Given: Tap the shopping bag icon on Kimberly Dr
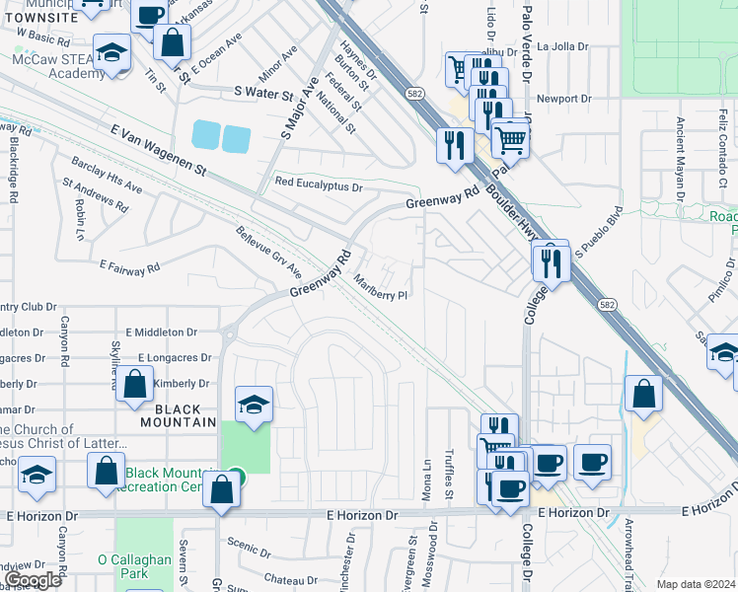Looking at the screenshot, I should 136,384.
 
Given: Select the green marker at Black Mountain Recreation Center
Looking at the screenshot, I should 234,475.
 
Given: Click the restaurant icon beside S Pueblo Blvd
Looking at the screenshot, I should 551,261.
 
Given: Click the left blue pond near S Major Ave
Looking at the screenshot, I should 207,133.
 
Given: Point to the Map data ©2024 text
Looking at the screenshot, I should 696,584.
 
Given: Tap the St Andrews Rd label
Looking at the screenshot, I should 95,195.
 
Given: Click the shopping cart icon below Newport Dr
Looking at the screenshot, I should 510,139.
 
